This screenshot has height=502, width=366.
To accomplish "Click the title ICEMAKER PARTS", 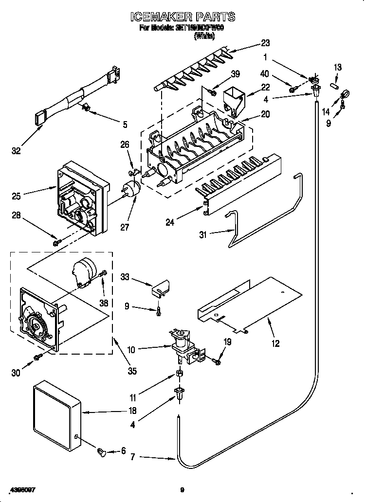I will [x=183, y=17].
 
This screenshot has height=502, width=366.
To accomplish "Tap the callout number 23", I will [x=265, y=43].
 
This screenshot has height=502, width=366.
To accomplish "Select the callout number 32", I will [x=16, y=151].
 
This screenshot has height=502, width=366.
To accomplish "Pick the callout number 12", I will [x=275, y=344].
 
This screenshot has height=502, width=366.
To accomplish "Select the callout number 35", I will [x=131, y=371].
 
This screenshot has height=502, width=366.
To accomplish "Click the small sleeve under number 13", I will [x=334, y=85].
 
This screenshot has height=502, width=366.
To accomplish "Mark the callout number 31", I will [x=203, y=234].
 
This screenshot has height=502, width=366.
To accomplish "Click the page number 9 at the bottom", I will [x=182, y=490].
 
